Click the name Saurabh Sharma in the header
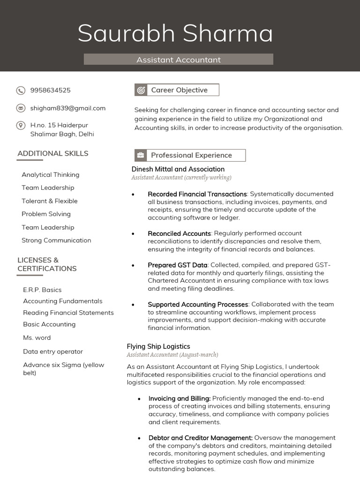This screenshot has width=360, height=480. (175, 34)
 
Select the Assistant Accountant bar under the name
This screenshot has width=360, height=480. (178, 60)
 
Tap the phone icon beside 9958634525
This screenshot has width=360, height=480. (21, 90)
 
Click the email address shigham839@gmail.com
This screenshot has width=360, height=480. (68, 108)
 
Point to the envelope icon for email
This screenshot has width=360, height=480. (21, 108)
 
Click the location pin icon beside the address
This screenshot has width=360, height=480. (21, 125)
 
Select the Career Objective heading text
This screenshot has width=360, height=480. (179, 90)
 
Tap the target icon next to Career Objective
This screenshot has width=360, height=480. (141, 90)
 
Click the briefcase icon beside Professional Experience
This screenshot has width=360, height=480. (141, 155)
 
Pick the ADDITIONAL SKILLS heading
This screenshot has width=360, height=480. (52, 153)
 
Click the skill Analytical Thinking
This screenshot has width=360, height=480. (50, 175)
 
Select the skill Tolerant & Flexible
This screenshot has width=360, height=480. (49, 201)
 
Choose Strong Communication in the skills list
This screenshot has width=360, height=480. (56, 240)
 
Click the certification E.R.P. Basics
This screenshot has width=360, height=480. (42, 290)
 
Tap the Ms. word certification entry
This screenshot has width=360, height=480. (37, 337)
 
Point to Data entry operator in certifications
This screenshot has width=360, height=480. (53, 352)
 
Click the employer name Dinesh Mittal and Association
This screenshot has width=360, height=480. (178, 169)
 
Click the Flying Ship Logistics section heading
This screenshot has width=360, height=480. (158, 346)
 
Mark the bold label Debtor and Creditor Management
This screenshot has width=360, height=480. (201, 438)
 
